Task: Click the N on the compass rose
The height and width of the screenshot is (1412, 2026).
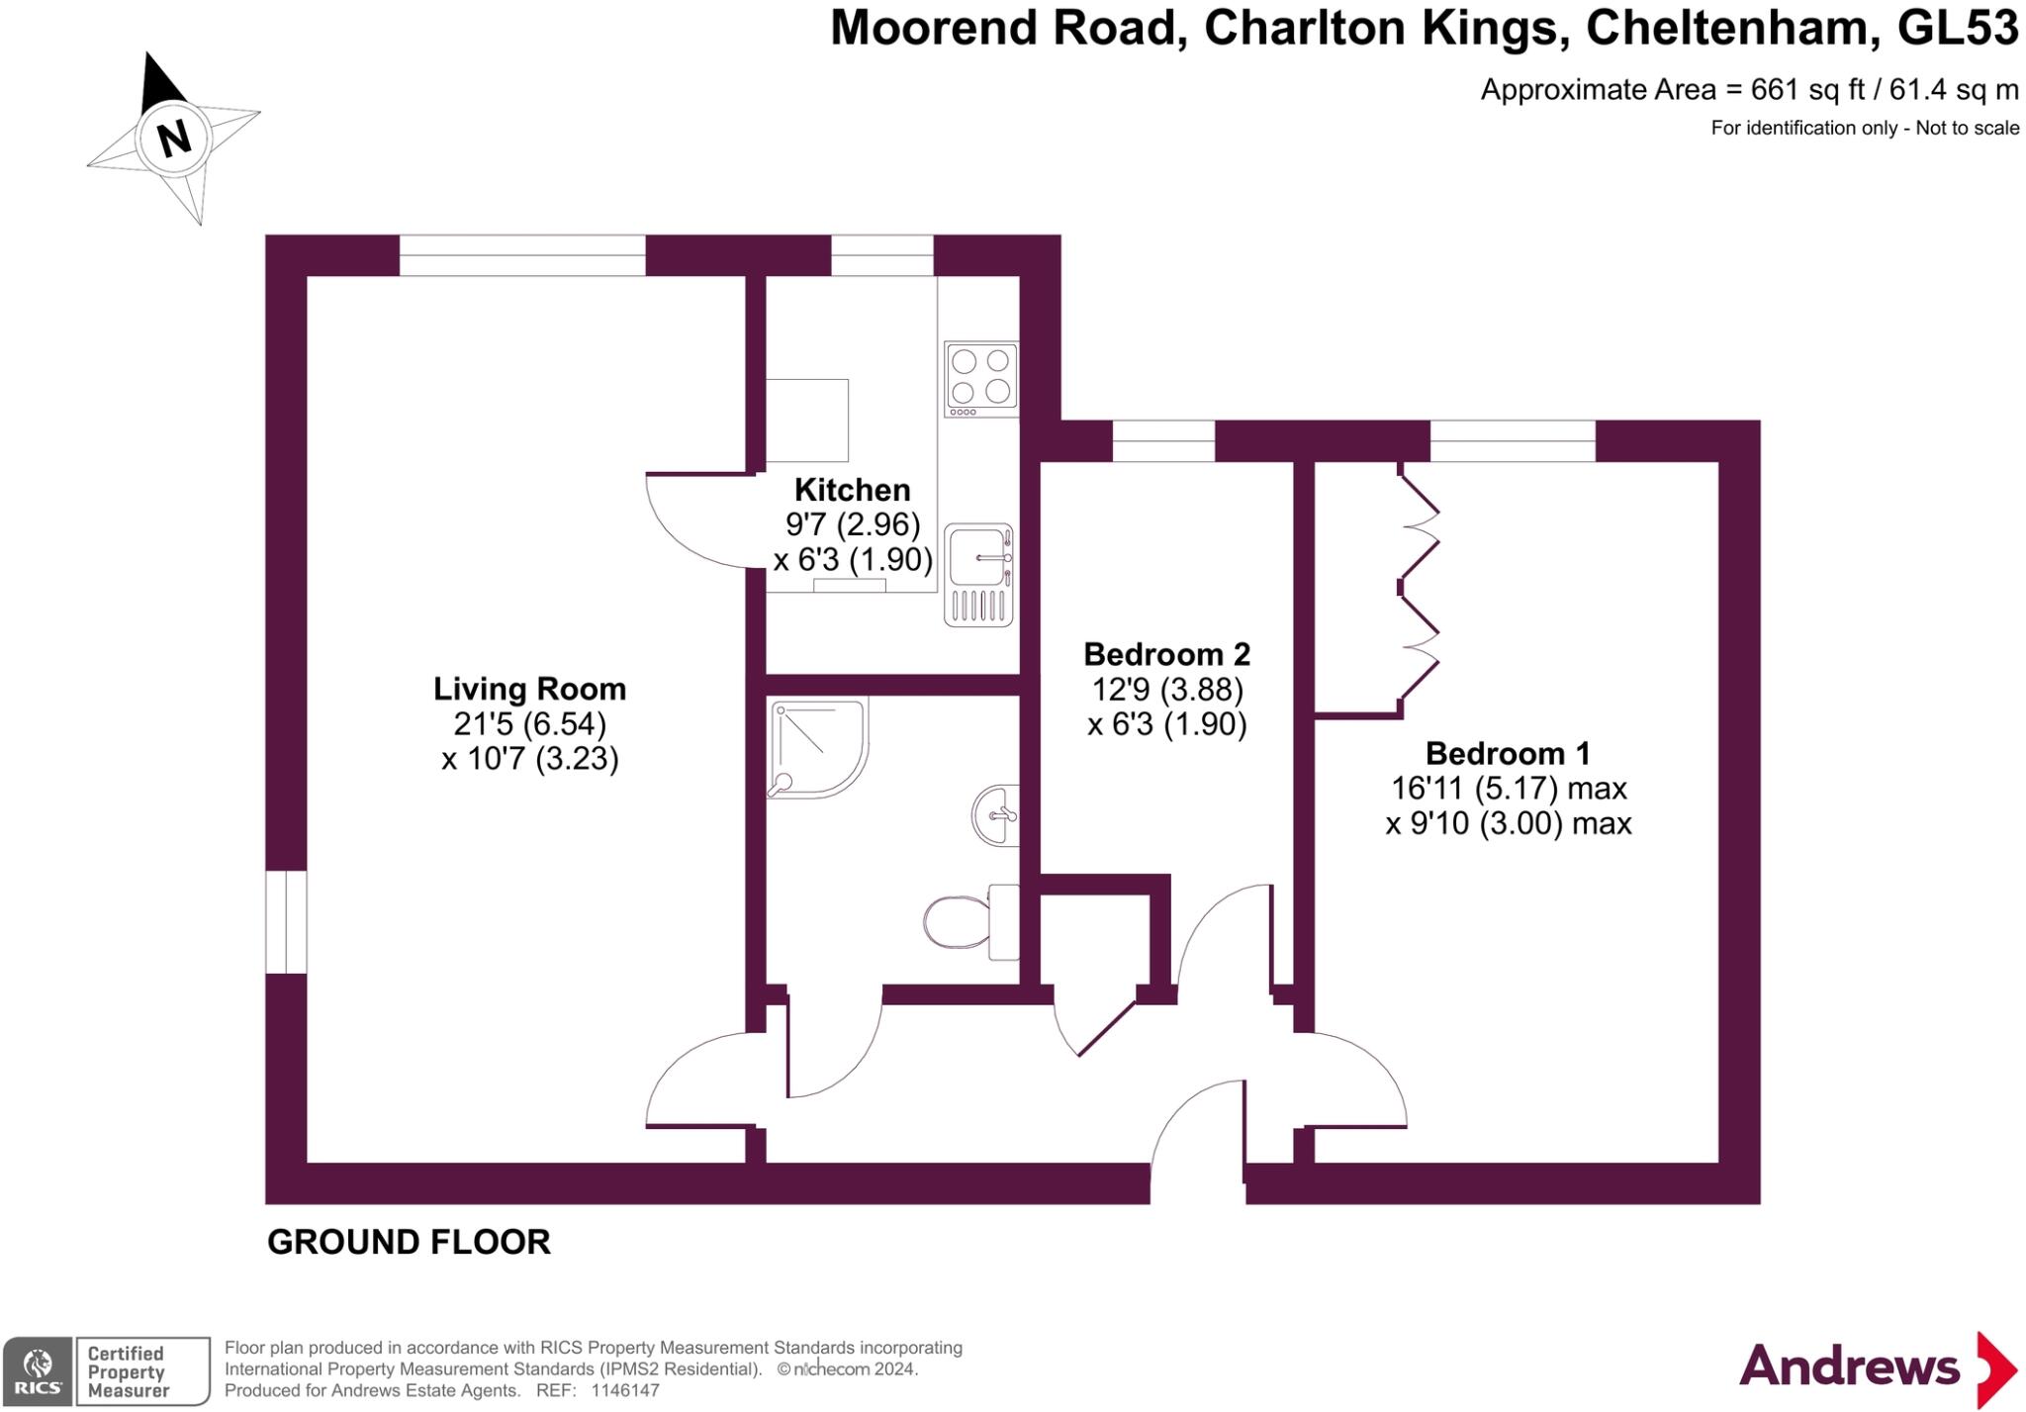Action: [174, 138]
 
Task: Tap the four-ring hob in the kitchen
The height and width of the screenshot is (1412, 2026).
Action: [980, 378]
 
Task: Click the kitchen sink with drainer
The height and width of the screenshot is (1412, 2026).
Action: [978, 575]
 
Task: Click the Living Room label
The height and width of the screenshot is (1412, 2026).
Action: [529, 689]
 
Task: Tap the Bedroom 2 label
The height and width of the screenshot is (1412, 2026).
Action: [1166, 654]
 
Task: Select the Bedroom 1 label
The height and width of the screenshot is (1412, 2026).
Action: [1507, 754]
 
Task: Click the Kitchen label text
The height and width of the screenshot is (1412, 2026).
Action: [852, 490]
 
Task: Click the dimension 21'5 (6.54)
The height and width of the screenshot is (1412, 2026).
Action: [529, 724]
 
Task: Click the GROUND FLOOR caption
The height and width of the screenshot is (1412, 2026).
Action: [409, 1242]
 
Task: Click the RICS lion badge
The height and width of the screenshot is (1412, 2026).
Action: [38, 1370]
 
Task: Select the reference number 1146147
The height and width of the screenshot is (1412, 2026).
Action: [624, 1390]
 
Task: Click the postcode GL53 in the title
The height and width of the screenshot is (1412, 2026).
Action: [1957, 28]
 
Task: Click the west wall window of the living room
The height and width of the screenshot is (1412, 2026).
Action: [286, 921]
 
